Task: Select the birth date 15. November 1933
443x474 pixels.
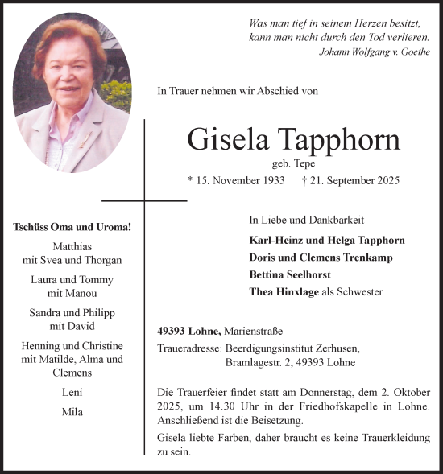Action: click(x=235, y=181)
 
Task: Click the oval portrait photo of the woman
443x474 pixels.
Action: click(x=71, y=93)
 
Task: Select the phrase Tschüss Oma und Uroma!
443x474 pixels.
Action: click(x=72, y=227)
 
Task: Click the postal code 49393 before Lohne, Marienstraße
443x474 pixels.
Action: click(x=174, y=331)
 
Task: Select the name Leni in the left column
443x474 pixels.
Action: click(x=72, y=393)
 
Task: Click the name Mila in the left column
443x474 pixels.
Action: click(x=72, y=412)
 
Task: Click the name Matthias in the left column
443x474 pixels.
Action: click(x=72, y=246)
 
